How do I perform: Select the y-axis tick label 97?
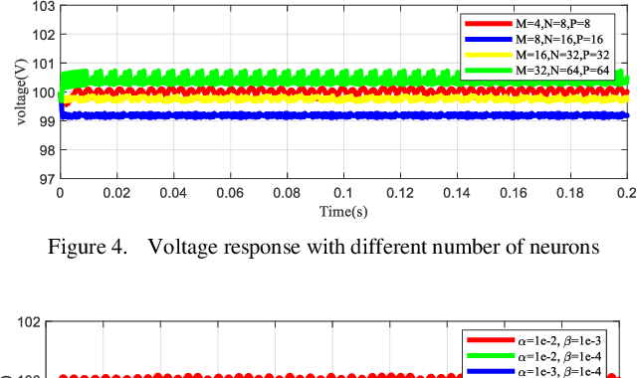44,179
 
